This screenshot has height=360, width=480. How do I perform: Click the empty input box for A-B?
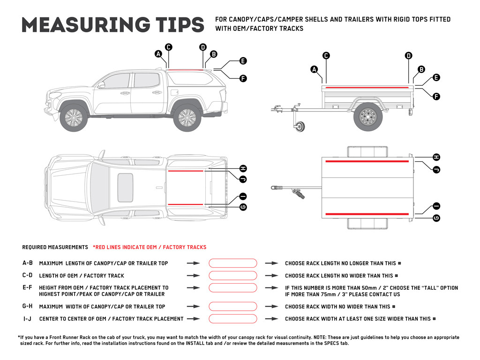(x=233, y=263)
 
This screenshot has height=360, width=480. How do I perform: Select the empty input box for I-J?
(x=233, y=319)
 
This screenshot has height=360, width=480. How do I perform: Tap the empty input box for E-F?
(x=233, y=288)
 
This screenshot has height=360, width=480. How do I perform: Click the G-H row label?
(x=28, y=307)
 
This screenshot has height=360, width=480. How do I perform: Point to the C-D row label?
(x=28, y=276)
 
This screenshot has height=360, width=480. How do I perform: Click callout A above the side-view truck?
(x=158, y=54)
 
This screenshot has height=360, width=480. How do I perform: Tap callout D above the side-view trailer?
(x=408, y=55)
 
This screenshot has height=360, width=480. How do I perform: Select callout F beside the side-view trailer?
(x=436, y=97)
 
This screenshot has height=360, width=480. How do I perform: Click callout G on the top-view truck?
(x=243, y=207)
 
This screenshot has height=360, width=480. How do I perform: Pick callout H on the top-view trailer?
(x=436, y=157)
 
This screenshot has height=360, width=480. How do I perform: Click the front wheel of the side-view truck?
(x=74, y=117)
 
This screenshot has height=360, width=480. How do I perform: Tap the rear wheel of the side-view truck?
(x=187, y=117)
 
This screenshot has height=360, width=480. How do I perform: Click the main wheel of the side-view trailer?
(x=367, y=116)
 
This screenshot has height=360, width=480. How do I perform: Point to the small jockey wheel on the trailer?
(x=299, y=126)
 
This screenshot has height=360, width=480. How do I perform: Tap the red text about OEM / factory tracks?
(x=149, y=247)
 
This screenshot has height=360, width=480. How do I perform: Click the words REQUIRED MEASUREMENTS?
(x=55, y=247)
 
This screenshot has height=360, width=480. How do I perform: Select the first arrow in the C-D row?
(x=193, y=276)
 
